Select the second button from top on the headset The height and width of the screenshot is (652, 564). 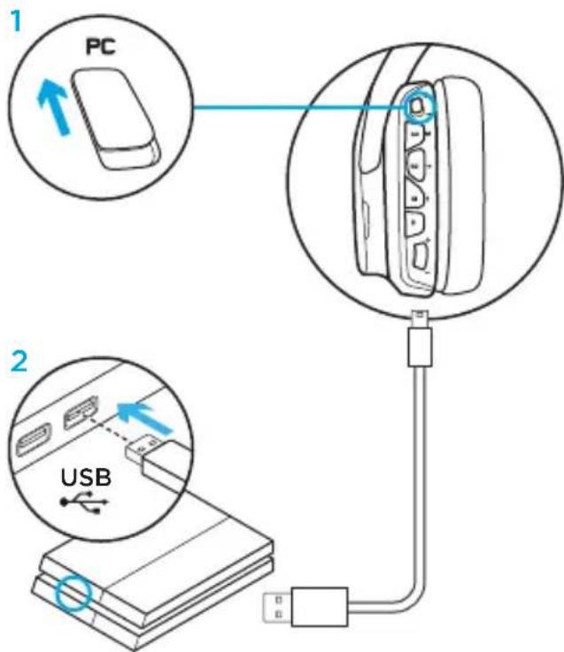pyautogui.click(x=415, y=134)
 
